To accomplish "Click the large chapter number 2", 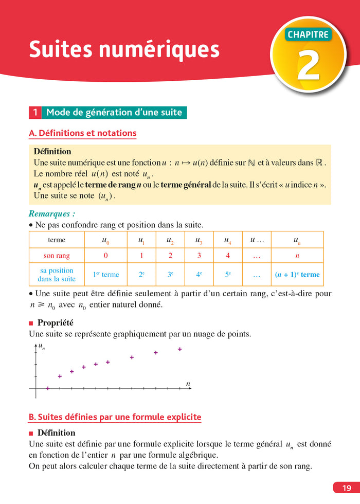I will point(309,65).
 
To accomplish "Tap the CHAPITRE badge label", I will point(308,35).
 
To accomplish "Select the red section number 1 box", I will point(35,112).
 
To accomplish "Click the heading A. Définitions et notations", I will point(83,133).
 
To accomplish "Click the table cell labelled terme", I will point(57,240).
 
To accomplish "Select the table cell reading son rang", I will point(57,256).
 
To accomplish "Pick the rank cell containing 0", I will point(106,256).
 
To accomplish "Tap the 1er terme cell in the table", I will point(106,275).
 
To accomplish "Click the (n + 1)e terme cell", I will point(297,275).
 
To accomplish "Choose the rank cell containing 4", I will point(227,256).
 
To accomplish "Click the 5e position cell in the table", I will point(227,275).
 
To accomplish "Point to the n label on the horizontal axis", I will point(188,384).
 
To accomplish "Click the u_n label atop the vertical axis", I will point(42,347).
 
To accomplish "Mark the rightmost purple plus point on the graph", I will point(180,349).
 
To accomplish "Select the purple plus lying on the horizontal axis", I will point(48,388).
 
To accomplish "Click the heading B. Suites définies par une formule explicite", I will point(115,417).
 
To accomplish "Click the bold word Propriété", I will point(56,323).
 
